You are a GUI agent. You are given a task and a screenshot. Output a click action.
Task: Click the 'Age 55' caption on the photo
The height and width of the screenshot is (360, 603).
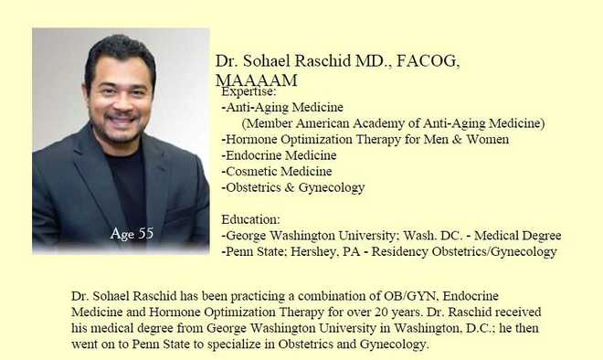pyautogui.click(x=132, y=234)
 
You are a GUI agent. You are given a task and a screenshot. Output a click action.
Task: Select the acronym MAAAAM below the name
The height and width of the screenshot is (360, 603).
pyautogui.click(x=256, y=80)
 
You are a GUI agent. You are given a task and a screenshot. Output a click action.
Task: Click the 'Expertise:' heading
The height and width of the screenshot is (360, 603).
pyautogui.click(x=249, y=91)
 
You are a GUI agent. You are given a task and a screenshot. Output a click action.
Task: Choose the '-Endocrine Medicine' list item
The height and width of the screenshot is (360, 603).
pyautogui.click(x=279, y=155)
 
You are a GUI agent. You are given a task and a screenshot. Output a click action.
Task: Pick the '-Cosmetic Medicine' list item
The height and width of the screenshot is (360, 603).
pyautogui.click(x=277, y=171)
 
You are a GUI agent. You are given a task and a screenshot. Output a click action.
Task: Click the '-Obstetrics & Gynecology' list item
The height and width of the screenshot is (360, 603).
pyautogui.click(x=293, y=187)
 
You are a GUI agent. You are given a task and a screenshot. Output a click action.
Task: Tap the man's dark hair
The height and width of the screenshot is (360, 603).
pyautogui.click(x=119, y=50)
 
